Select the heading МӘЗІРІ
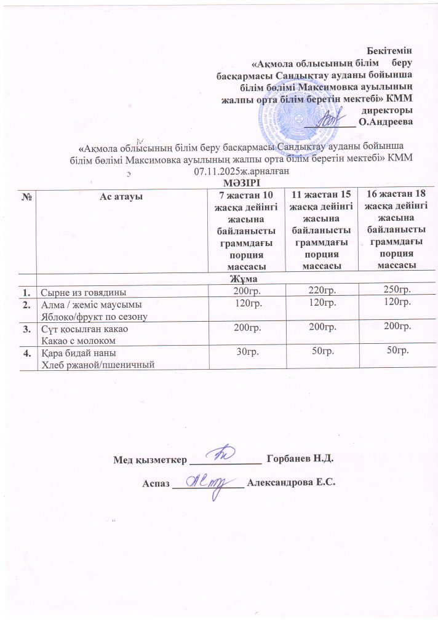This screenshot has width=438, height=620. [x=242, y=181]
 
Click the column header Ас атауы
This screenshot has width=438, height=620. [x=121, y=196]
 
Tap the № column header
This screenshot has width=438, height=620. [x=27, y=196]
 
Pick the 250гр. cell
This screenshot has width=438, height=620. [x=396, y=289]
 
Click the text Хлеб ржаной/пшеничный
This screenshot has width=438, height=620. [x=97, y=365]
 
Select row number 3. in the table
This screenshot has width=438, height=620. [x=27, y=329]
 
